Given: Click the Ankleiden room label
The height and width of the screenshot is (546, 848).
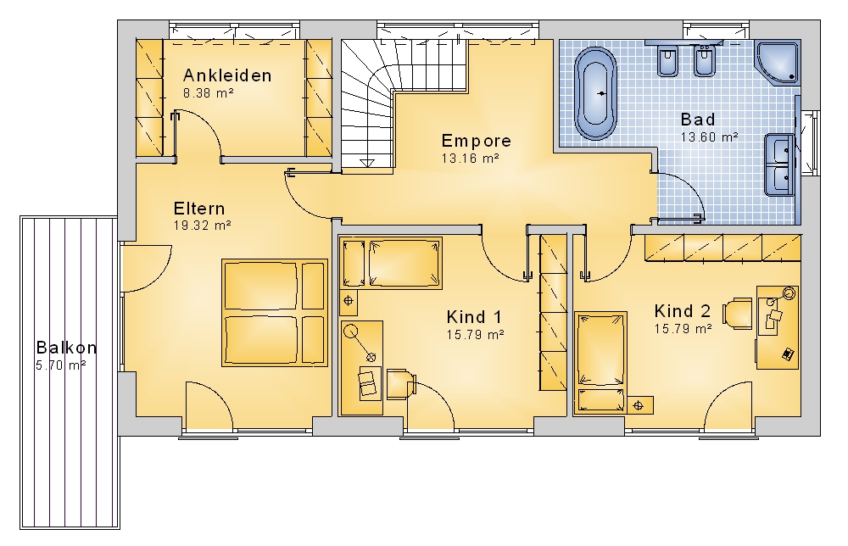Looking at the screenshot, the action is click(227, 75).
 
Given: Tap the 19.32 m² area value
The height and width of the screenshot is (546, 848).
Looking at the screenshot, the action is click(203, 226).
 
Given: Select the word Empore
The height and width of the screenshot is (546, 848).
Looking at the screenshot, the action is click(476, 141).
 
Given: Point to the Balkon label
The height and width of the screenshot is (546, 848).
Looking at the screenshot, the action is click(66, 347).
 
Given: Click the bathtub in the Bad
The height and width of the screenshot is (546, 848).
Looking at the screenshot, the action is click(596, 93).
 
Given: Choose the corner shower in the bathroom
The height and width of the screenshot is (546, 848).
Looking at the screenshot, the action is click(778, 62).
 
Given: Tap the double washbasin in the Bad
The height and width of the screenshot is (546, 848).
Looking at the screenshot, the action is click(779, 164).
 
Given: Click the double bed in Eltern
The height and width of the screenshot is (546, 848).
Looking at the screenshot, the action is click(275, 313).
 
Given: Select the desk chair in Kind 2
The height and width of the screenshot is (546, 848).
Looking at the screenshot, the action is click(738, 313).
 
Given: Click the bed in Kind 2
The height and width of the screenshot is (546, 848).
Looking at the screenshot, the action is click(600, 362).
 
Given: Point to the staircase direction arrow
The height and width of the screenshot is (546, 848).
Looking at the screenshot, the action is click(367, 162).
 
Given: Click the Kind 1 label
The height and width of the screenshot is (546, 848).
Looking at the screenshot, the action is click(474, 316).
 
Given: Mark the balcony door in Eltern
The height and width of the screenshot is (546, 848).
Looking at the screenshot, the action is click(146, 269).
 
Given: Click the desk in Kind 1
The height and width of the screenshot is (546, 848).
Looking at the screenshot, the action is click(362, 368).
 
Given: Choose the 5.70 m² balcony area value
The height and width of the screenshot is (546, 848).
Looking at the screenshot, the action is click(60, 365).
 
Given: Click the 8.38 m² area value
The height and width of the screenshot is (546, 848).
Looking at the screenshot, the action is click(209, 93).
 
